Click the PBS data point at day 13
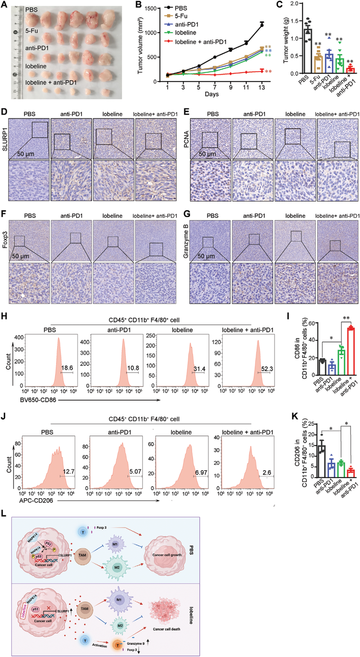coord(261,25)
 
